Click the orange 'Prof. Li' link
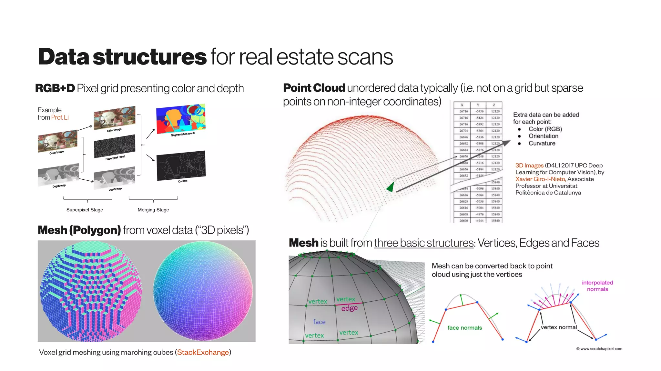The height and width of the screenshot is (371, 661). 60,117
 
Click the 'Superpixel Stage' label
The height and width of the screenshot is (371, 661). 85,210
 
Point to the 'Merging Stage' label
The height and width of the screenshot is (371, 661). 153,210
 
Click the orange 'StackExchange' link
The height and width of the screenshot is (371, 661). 203,352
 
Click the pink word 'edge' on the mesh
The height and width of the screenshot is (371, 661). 349,308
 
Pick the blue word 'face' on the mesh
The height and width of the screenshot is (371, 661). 319,322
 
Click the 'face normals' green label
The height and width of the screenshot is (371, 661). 464,328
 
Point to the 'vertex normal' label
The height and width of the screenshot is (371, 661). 559,327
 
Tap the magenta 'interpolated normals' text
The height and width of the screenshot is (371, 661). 597,286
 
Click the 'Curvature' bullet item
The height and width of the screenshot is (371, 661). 542,143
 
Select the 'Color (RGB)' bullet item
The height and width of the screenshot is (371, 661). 545,129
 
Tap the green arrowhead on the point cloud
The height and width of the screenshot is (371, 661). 391,187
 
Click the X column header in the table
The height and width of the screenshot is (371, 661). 462,105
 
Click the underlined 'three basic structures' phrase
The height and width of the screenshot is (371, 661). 424,243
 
